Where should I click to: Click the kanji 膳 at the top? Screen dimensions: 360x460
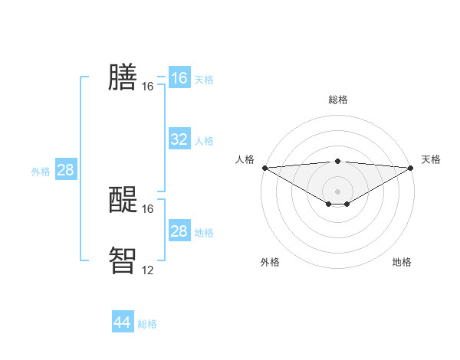click(x=123, y=77)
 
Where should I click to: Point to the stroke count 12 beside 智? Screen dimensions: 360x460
click(x=147, y=270)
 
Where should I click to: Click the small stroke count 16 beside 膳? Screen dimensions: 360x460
click(x=147, y=87)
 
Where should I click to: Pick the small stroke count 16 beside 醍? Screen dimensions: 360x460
click(x=147, y=209)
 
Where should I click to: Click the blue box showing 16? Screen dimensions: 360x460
click(x=179, y=78)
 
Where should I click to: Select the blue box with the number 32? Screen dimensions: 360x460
click(x=179, y=139)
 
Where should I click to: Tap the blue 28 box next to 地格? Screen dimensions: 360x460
click(x=179, y=231)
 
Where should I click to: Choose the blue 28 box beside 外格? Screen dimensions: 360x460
click(x=65, y=170)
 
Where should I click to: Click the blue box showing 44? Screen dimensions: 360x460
click(x=123, y=322)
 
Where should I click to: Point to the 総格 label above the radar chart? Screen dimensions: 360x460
click(x=338, y=100)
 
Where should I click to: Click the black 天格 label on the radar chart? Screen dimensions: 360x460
click(x=431, y=159)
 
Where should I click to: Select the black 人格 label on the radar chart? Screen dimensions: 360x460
click(x=245, y=159)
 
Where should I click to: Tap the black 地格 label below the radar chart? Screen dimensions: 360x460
click(x=402, y=262)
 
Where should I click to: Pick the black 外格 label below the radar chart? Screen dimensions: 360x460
click(x=270, y=262)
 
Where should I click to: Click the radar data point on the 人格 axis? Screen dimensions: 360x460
click(x=264, y=167)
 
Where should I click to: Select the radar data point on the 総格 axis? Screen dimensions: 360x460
click(x=338, y=161)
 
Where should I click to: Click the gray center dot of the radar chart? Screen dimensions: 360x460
click(x=338, y=191)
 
